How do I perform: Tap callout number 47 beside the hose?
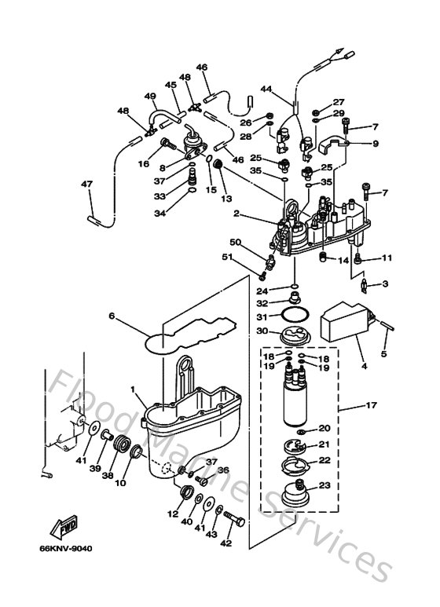pos(86,185)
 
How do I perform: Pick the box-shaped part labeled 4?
pos(343,320)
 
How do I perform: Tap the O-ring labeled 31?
pos(295,316)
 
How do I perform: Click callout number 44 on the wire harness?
pos(266,91)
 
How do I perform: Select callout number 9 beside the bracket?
pos(375,144)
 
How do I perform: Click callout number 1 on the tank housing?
pos(133,390)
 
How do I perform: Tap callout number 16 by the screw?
pos(143,164)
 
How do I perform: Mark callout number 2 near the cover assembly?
pos(236,214)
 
